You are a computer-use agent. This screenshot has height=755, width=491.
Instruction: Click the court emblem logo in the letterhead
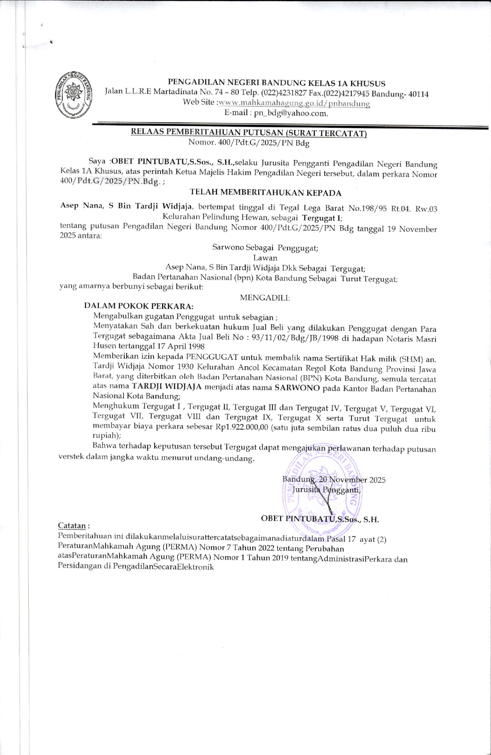(x=73, y=95)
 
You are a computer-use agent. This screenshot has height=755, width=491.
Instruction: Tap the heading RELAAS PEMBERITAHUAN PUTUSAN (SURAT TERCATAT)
(x=249, y=132)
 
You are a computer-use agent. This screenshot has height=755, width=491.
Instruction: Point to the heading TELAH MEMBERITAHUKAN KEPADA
(x=265, y=193)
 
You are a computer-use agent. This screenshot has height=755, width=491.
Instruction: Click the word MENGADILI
(x=265, y=298)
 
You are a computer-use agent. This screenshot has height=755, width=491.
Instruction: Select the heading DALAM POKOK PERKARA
(x=138, y=306)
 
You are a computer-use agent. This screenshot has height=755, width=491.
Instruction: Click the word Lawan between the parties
(x=265, y=258)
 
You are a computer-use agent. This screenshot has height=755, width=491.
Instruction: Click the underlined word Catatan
(x=72, y=526)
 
